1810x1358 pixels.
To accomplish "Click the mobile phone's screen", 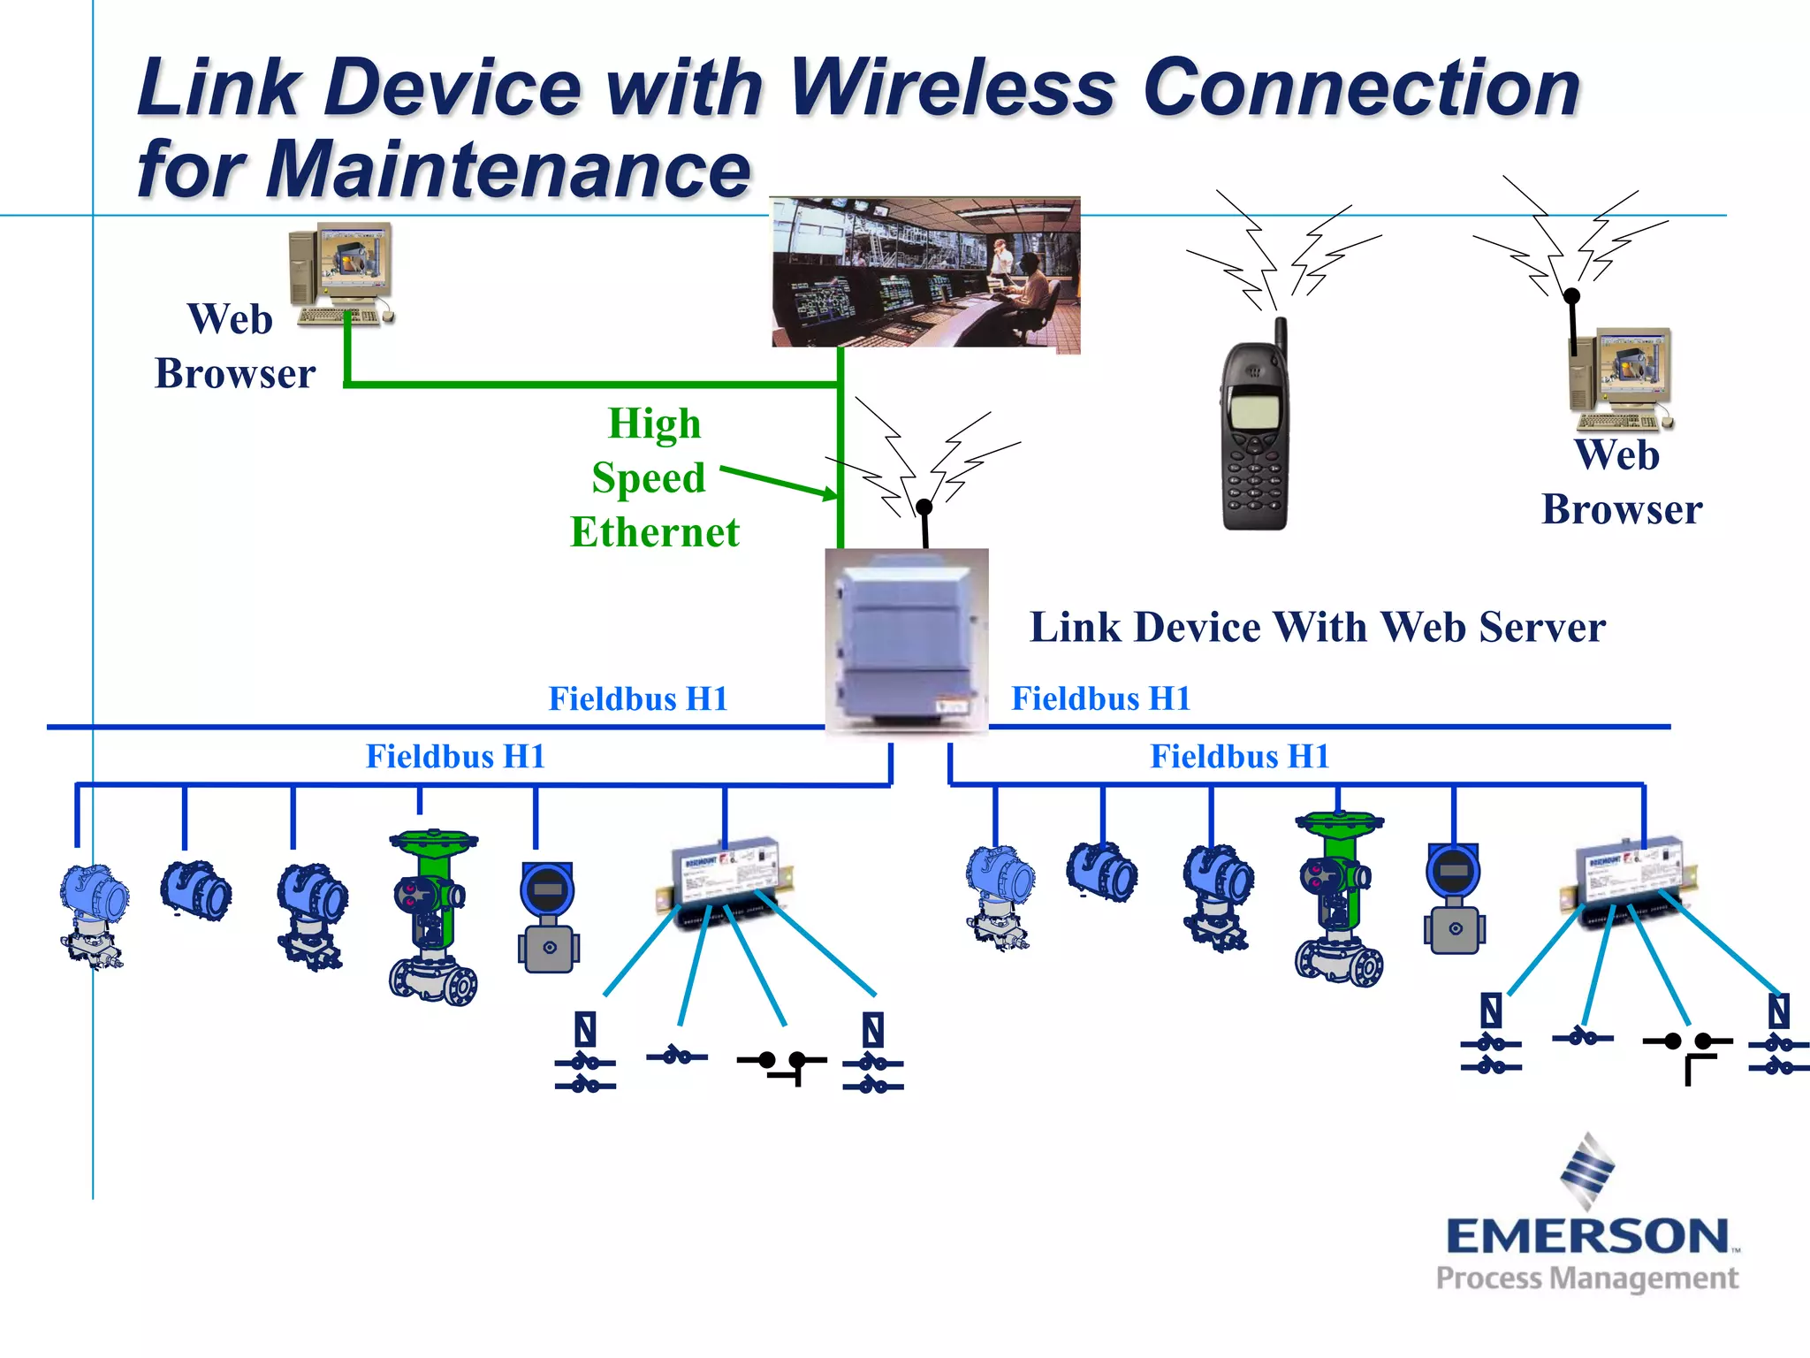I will (1254, 410).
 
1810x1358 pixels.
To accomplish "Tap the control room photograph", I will (925, 272).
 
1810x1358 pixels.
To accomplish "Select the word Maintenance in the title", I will (508, 170).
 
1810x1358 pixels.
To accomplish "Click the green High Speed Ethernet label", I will (654, 478).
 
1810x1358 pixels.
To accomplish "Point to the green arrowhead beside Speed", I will (831, 494).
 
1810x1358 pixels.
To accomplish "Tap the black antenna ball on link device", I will (924, 507).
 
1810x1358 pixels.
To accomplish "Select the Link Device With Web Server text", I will (1317, 628).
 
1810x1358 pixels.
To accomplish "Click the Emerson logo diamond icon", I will (1588, 1171).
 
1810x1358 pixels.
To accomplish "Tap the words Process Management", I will (1586, 1278).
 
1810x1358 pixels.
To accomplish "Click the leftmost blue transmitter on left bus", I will (94, 915).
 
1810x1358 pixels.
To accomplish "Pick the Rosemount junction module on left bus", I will (725, 880).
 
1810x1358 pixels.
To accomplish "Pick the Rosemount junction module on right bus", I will (1631, 875).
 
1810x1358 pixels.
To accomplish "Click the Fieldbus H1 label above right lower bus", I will (1239, 757).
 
